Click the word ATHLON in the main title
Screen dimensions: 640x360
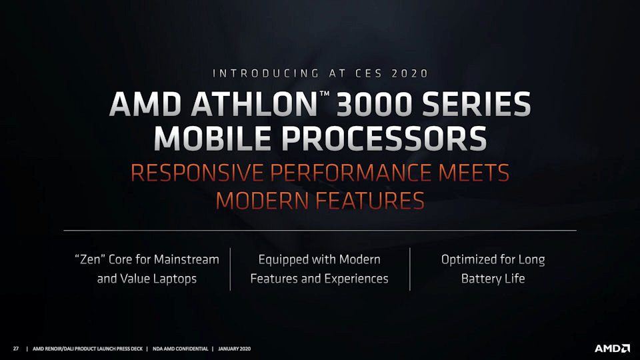(x=254, y=104)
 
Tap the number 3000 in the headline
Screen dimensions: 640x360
(x=374, y=104)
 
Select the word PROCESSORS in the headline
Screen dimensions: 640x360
(x=384, y=139)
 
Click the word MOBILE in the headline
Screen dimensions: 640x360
(x=212, y=139)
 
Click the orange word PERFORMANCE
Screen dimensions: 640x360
(x=351, y=173)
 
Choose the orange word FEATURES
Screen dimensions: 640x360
(x=370, y=201)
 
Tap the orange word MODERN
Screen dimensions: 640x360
(x=262, y=201)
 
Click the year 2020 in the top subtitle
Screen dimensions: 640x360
(x=409, y=73)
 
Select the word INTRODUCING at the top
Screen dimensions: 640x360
(x=266, y=73)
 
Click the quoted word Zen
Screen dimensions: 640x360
(x=90, y=259)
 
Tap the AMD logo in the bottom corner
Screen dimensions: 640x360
(x=612, y=349)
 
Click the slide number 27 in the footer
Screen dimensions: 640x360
(x=16, y=349)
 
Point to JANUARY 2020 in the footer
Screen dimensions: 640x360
(x=234, y=349)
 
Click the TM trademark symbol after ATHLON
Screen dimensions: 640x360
(x=325, y=94)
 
